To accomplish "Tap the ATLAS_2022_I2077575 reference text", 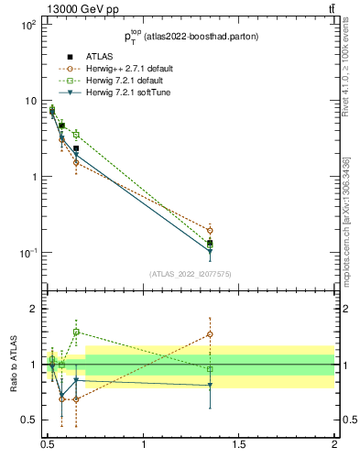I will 191,274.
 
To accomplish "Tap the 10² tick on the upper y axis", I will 28,25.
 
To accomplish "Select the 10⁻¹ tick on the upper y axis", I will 27,253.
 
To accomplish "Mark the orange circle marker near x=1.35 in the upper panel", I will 210,230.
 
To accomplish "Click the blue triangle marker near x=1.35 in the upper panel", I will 210,250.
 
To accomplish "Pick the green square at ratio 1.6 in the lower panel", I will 76,332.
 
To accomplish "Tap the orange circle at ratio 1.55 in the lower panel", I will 210,334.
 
